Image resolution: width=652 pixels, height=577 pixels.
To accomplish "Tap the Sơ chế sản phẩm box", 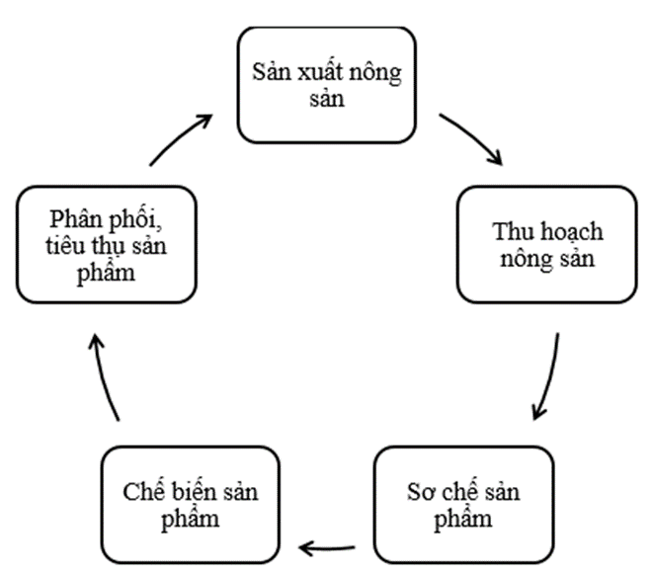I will pos(463,504).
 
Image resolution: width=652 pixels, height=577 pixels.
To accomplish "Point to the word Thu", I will pos(511,233).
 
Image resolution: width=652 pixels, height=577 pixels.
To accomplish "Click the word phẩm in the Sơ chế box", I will pos(463,519).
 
